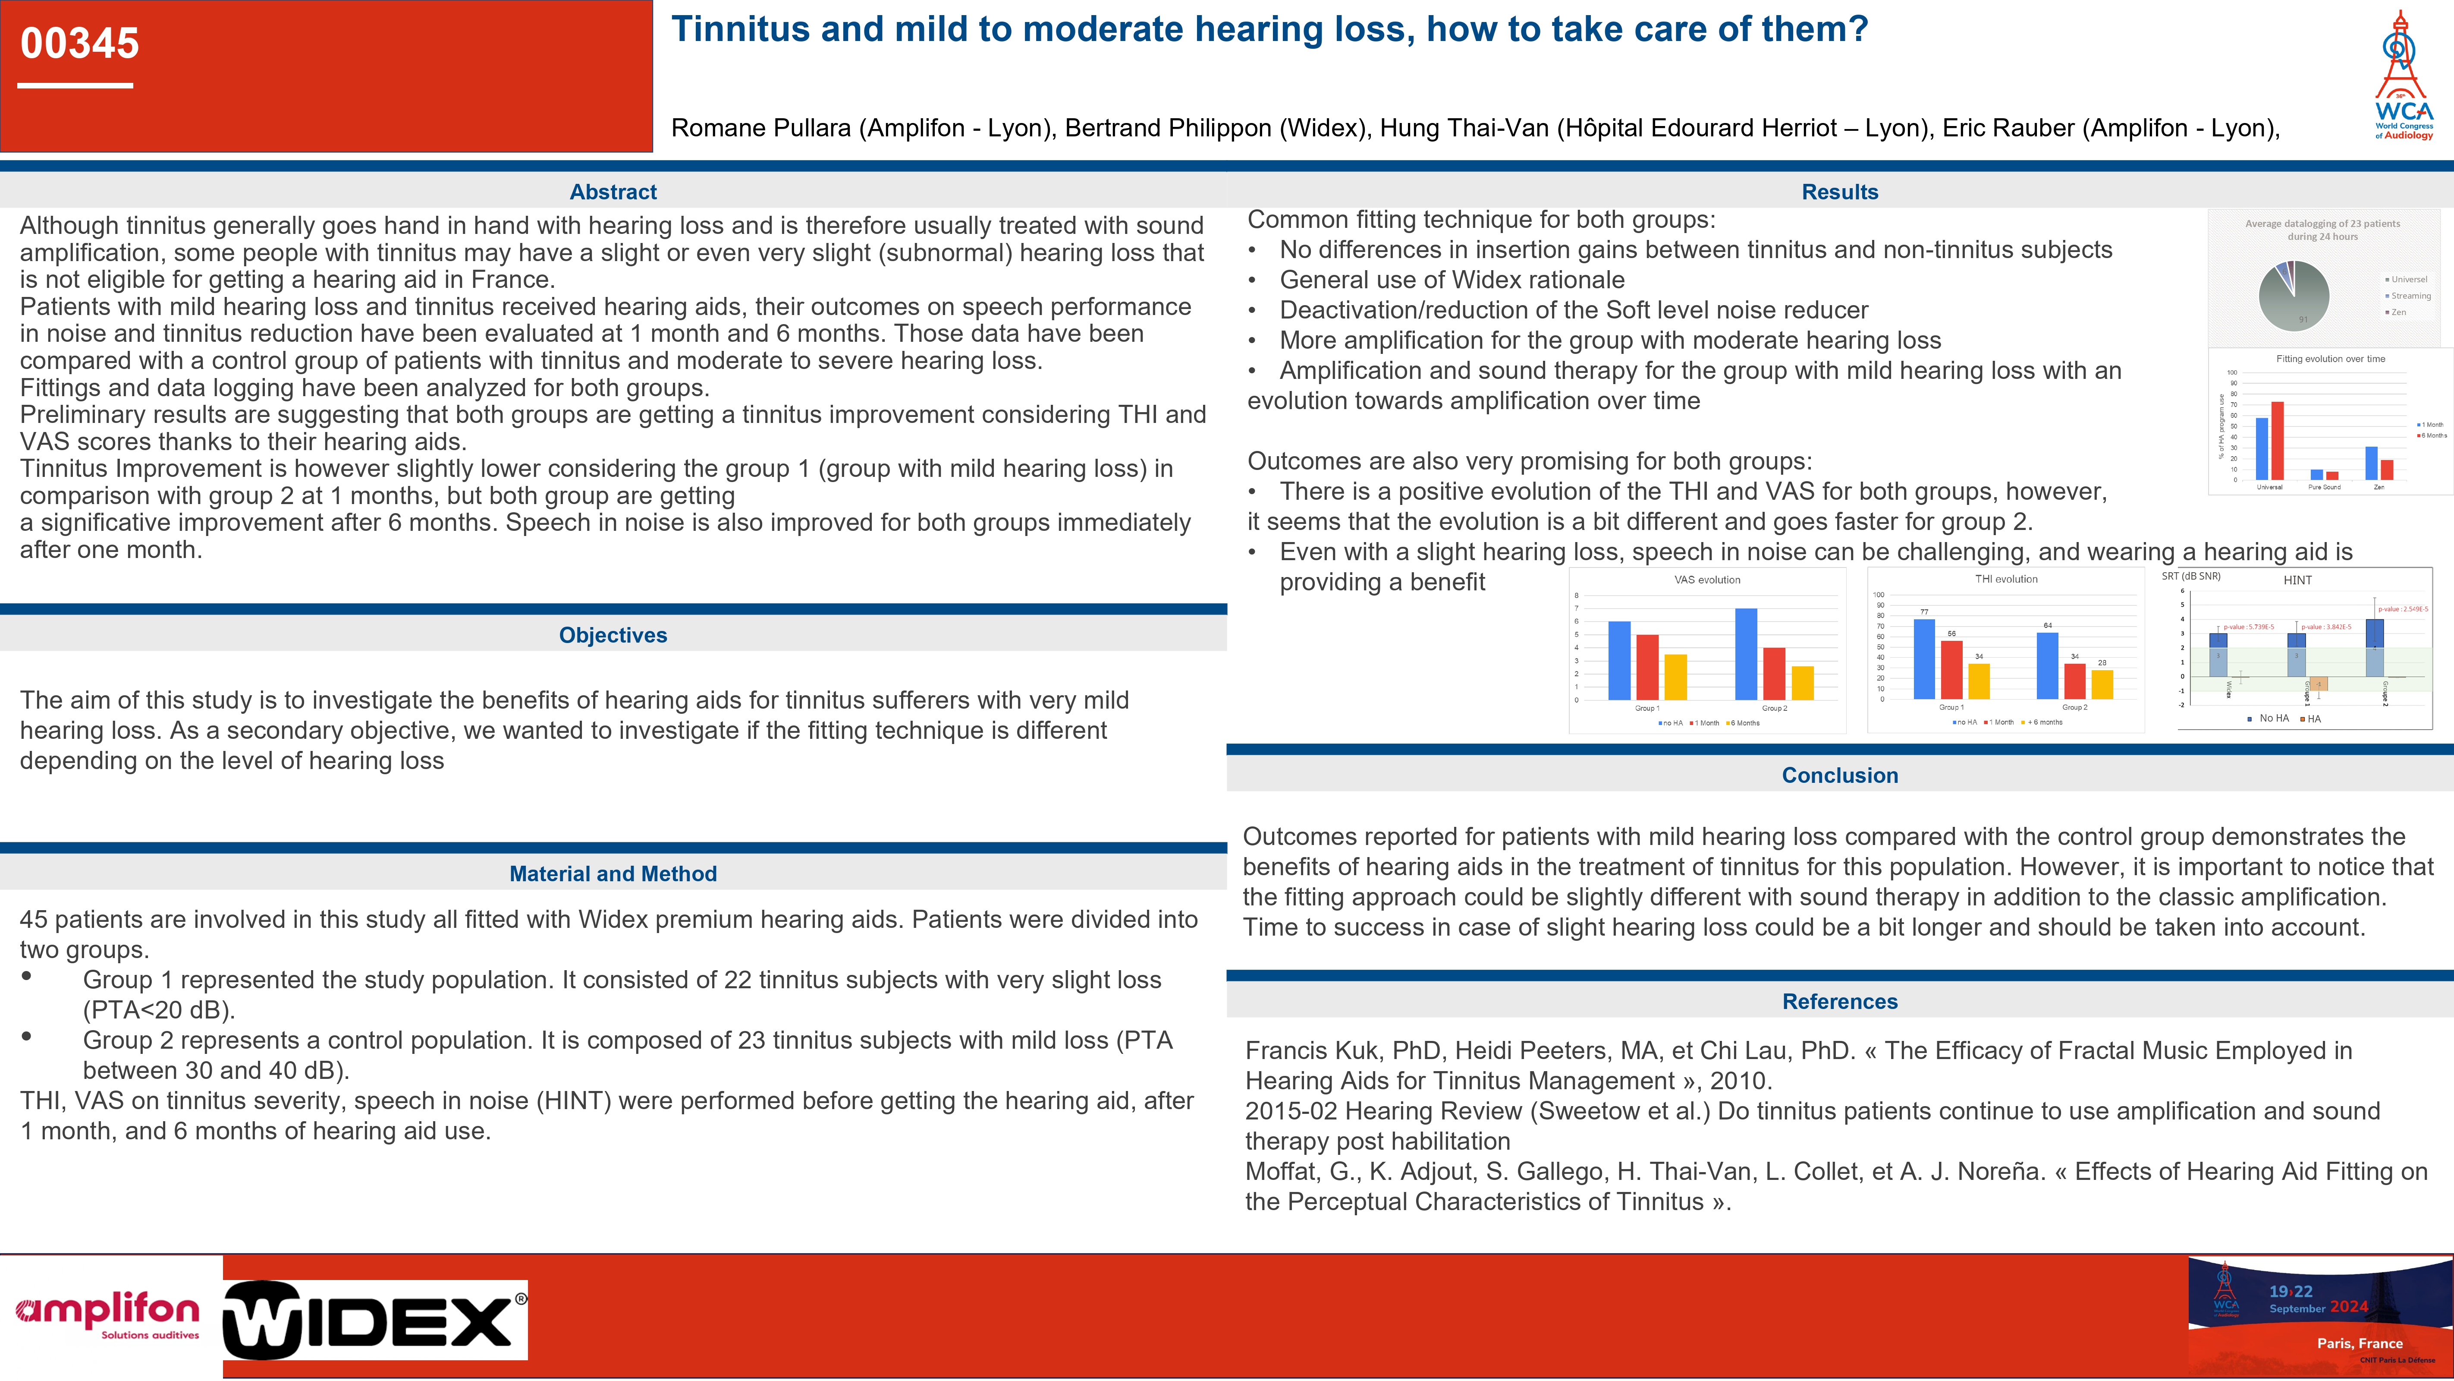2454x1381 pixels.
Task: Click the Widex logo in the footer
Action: (x=374, y=1320)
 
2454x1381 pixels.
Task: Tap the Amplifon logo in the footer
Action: (x=108, y=1315)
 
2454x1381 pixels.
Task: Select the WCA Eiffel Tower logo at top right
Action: (x=2403, y=76)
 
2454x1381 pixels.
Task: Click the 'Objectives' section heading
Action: (x=613, y=635)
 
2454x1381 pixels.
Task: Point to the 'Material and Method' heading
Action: (x=613, y=873)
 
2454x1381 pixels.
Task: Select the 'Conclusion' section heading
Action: (x=1840, y=775)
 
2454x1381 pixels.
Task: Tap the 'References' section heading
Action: (x=1840, y=1001)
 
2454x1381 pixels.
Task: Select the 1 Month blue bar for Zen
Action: (x=2371, y=463)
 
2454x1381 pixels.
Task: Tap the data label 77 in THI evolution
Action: (x=1924, y=612)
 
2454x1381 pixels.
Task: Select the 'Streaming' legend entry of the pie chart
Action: (x=2410, y=296)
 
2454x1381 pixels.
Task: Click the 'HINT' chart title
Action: (x=2297, y=580)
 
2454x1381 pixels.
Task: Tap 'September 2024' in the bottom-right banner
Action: (x=2318, y=1308)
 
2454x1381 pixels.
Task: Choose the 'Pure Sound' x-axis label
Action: (x=2325, y=487)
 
